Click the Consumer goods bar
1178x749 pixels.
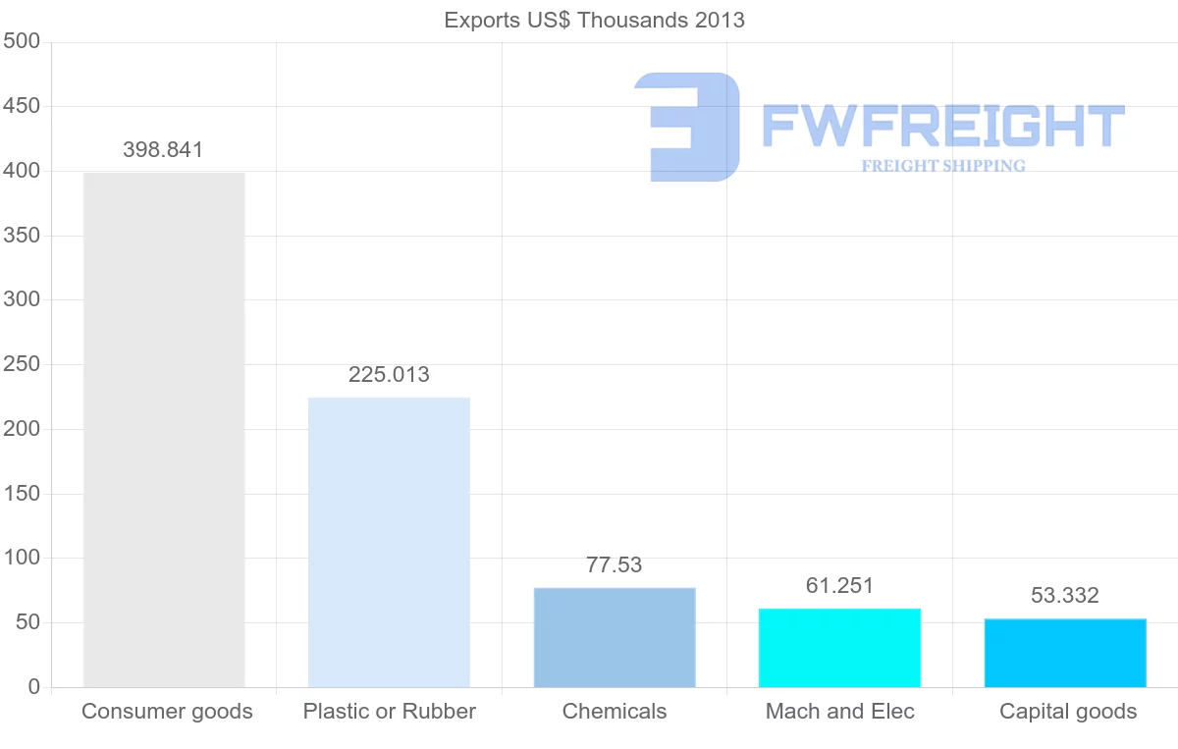[x=164, y=430]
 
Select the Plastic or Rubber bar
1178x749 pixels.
[x=389, y=542]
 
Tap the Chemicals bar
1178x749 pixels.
[x=615, y=637]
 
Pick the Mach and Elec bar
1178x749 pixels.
[x=839, y=648]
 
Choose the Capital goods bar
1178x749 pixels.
[x=1065, y=653]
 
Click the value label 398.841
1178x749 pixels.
[x=163, y=150]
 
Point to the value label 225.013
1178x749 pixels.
[x=389, y=374]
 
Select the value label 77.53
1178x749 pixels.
[x=615, y=565]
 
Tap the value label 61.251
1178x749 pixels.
[x=839, y=586]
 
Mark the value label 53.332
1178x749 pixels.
[x=1065, y=595]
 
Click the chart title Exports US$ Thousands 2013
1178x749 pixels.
[x=595, y=20]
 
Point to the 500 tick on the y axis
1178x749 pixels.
[x=21, y=41]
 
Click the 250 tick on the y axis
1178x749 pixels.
[x=21, y=364]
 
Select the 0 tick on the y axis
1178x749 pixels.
[x=34, y=687]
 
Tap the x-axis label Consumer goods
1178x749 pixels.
[x=167, y=712]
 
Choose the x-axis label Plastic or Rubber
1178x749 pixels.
[x=390, y=712]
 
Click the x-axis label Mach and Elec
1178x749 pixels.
[x=840, y=712]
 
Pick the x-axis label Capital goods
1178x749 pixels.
[x=1068, y=712]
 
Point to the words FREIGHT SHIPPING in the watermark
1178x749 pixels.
[x=943, y=166]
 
